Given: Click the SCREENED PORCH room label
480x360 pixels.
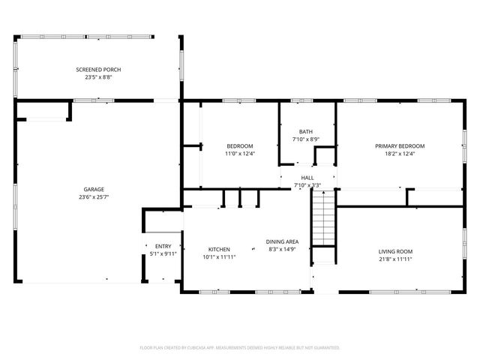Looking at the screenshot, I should click(98, 70).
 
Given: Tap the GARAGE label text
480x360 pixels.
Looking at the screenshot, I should click(94, 189).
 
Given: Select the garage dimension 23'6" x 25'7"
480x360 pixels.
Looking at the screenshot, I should click(94, 196).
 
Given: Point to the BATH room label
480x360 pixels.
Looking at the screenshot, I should click(306, 131).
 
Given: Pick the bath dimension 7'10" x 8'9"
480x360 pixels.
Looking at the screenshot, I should click(306, 139).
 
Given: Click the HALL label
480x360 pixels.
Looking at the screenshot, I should click(307, 178).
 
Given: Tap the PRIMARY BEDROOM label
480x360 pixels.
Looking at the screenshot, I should click(400, 145).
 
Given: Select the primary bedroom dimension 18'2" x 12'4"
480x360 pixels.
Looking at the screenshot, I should click(400, 154).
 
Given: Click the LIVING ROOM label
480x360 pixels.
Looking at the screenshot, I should click(395, 251).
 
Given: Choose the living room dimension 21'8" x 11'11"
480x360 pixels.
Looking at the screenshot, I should click(395, 259).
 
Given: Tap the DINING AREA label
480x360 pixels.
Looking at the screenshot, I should click(283, 241).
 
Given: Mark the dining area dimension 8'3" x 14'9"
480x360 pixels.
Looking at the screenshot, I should click(283, 249).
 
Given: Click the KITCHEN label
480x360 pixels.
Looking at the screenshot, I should click(219, 249).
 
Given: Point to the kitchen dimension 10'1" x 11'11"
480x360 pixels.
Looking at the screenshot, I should click(219, 256).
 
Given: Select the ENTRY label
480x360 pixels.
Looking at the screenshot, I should click(163, 246).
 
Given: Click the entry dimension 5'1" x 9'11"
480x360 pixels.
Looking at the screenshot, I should click(163, 253).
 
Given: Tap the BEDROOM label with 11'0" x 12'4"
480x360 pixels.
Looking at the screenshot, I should click(240, 145).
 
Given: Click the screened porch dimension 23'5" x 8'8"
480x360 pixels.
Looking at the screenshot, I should click(98, 77).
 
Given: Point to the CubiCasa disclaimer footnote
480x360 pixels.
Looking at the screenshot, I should click(240, 348).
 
